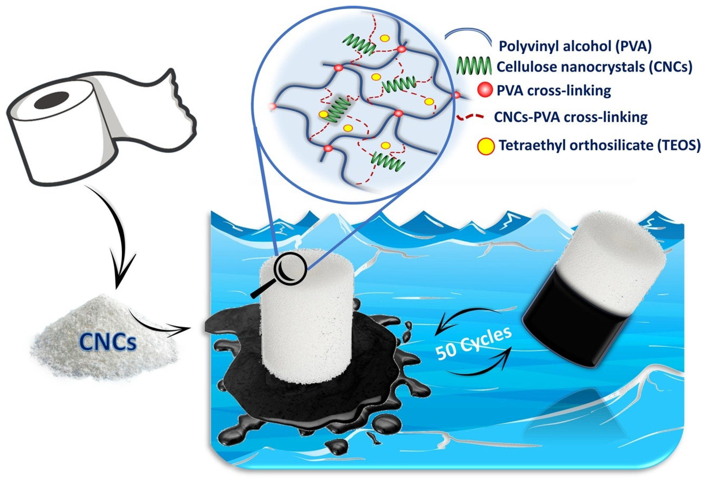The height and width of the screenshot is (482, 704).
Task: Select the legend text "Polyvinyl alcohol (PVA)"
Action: (x=575, y=47)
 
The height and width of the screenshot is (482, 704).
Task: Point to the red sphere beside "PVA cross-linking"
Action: (x=485, y=90)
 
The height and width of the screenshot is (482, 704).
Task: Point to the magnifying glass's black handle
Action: (x=261, y=290)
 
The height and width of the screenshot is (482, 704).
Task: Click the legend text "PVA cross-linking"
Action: (x=554, y=90)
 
